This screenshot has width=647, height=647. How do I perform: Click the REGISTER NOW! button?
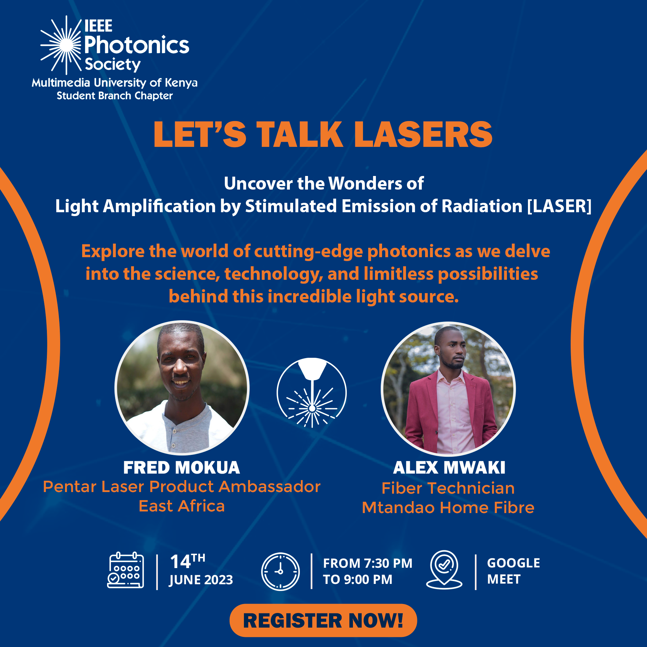(323, 620)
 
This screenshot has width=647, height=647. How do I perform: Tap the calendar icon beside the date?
(126, 570)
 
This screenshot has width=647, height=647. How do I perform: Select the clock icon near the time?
(280, 571)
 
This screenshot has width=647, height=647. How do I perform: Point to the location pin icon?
(444, 570)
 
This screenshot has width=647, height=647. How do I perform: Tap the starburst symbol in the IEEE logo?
(61, 45)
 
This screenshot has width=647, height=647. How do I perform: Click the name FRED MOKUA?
(181, 467)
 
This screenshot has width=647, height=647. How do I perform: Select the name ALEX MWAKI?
(449, 467)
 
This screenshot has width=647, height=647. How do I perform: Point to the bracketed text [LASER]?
(559, 206)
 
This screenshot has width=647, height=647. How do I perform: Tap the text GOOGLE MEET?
(513, 571)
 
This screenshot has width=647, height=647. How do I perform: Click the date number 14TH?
(188, 561)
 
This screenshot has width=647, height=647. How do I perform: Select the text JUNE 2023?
(201, 580)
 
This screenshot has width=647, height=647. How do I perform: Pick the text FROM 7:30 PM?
(368, 563)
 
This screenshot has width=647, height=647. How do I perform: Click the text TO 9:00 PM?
(357, 579)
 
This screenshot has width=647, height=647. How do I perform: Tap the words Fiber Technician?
(448, 488)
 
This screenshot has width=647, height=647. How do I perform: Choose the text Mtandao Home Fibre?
(448, 508)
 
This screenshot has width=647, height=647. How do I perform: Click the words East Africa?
(181, 506)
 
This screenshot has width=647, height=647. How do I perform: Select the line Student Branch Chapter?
(115, 96)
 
